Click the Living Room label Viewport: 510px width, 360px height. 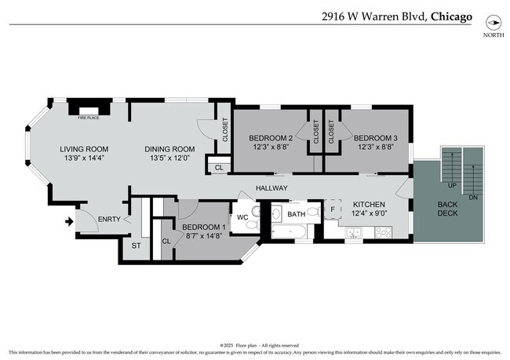pyautogui.click(x=85, y=149)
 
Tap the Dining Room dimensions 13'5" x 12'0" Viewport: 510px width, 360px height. pyautogui.click(x=169, y=158)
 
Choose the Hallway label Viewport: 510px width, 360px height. pyautogui.click(x=271, y=188)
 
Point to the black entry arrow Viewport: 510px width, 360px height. pyautogui.click(x=69, y=221)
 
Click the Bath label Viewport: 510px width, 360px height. pyautogui.click(x=296, y=213)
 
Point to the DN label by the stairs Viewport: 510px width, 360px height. pyautogui.click(x=473, y=198)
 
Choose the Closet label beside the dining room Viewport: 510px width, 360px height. pyautogui.click(x=225, y=129)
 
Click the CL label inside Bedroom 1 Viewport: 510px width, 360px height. pyautogui.click(x=166, y=242)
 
